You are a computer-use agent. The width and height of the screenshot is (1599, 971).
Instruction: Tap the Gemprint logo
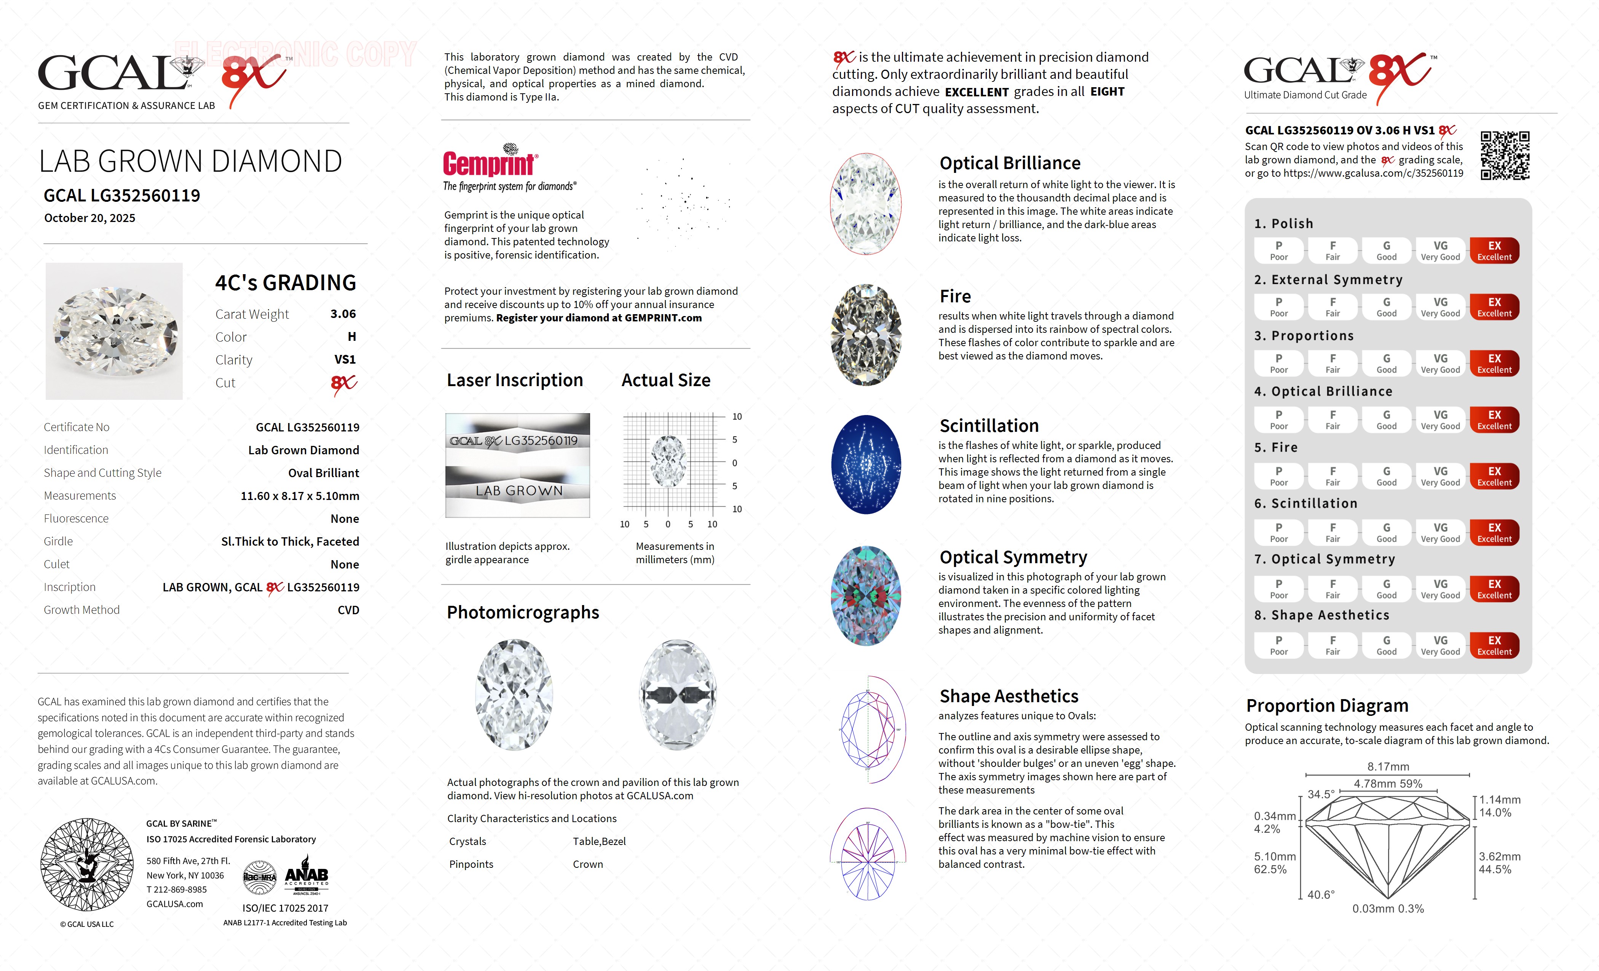pyautogui.click(x=490, y=162)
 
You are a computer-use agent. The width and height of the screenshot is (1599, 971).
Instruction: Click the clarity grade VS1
pyautogui.click(x=345, y=359)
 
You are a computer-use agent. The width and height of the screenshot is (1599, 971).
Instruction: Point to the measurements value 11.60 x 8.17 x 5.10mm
pyautogui.click(x=299, y=496)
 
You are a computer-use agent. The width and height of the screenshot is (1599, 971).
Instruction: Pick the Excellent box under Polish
pyautogui.click(x=1494, y=251)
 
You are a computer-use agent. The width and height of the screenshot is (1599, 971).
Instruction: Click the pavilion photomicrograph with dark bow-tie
pyautogui.click(x=678, y=695)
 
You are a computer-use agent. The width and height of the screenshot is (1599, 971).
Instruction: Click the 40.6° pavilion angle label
pyautogui.click(x=1321, y=894)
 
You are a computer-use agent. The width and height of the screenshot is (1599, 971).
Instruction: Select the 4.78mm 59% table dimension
pyautogui.click(x=1387, y=783)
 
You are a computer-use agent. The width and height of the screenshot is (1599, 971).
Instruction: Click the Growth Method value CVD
pyautogui.click(x=348, y=610)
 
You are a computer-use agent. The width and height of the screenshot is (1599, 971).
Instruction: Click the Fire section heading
pyautogui.click(x=955, y=297)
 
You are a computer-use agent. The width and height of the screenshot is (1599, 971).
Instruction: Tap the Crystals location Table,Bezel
pyautogui.click(x=599, y=841)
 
